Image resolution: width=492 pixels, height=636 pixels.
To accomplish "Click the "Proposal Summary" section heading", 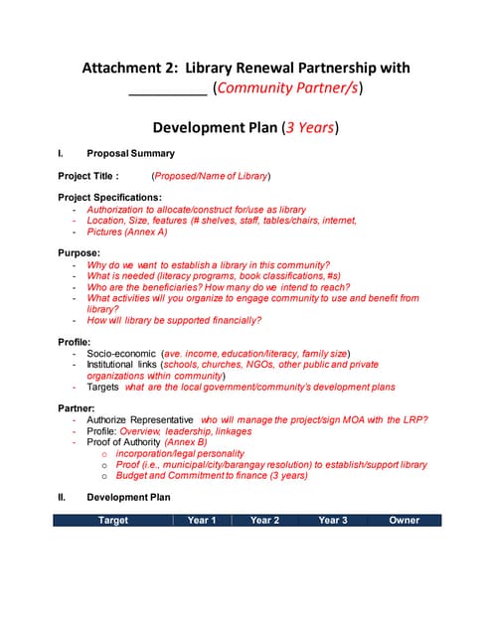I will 130,154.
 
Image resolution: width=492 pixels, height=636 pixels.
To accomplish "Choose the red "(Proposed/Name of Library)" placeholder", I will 211,176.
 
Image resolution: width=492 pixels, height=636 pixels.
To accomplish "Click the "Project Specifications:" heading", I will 110,198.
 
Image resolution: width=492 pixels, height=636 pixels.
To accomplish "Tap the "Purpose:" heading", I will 79,253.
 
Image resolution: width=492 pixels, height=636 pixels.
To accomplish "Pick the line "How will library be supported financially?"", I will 174,320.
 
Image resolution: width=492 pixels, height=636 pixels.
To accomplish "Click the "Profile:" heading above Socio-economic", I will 76,342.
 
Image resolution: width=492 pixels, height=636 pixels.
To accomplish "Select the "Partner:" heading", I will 78,408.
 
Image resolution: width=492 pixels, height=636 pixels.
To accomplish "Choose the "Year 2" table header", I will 264,520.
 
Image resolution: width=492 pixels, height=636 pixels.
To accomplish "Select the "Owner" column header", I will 405,520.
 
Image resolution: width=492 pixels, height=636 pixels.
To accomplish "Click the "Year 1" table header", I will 202,520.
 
